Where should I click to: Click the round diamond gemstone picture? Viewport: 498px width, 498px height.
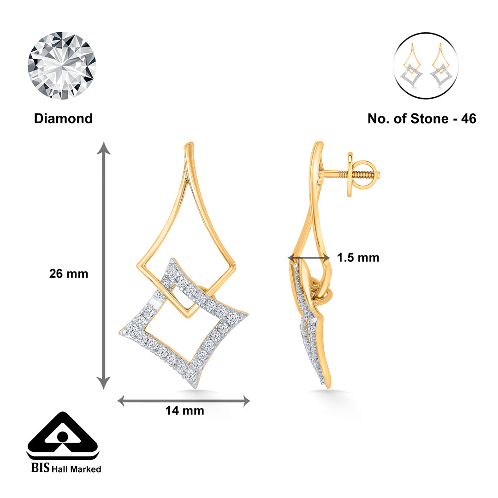point(62,65)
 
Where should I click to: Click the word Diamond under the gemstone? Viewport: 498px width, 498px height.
point(63,119)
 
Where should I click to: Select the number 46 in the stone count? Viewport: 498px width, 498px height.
point(467,119)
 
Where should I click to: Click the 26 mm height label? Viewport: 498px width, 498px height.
point(69,273)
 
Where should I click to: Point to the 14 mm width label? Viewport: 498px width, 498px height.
point(184,410)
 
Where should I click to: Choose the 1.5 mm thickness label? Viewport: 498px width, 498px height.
point(358,257)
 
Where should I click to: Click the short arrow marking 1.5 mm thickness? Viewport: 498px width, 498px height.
point(308,257)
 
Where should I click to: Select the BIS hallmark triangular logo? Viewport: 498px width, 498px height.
point(63,436)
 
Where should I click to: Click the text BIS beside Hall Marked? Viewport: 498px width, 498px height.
point(39,468)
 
